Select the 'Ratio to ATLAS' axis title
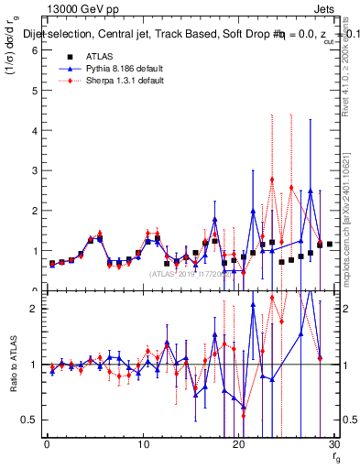coord(12,365)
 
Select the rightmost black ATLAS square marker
coord(330,245)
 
